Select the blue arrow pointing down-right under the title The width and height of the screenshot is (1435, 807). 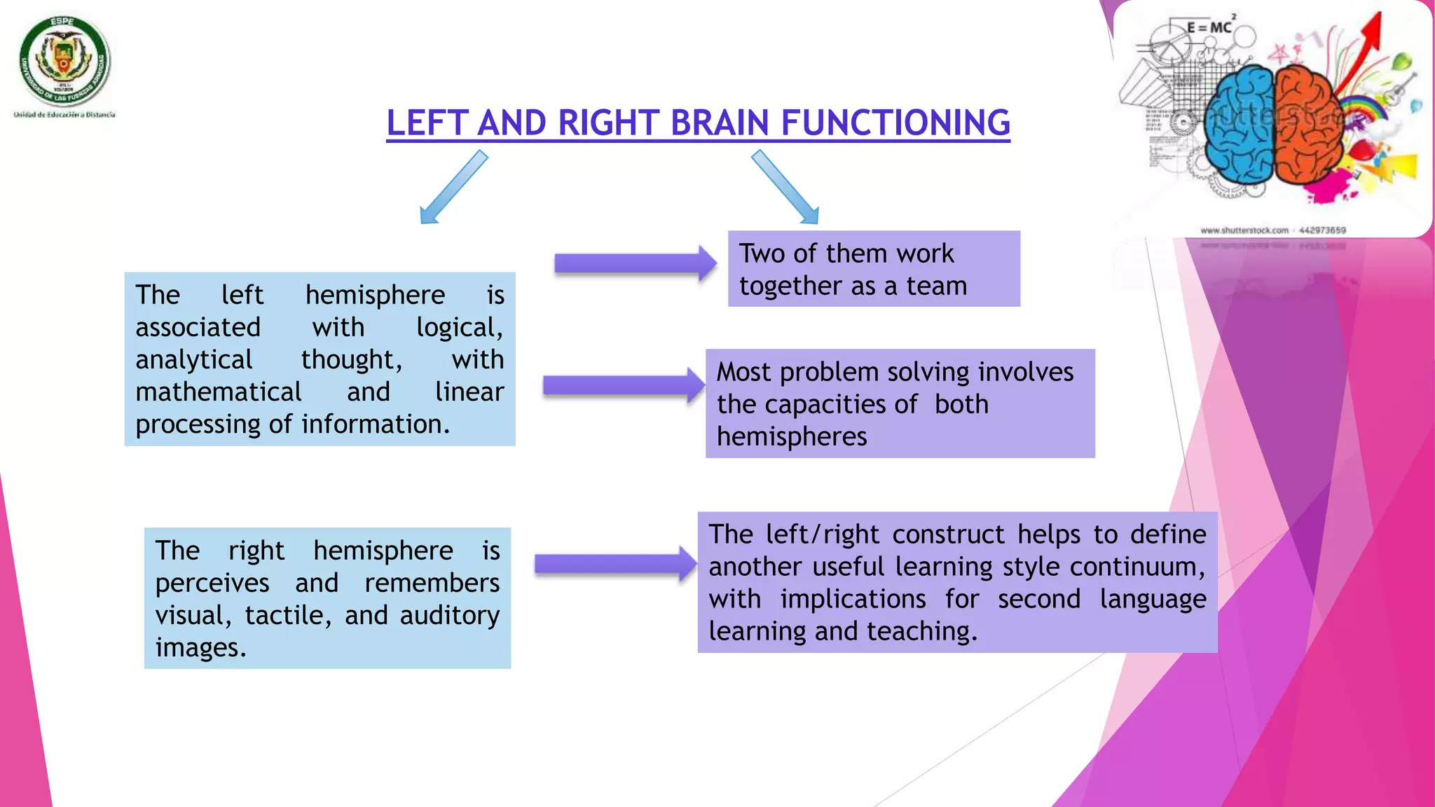[785, 188]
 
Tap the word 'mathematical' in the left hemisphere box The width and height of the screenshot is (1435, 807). [219, 392]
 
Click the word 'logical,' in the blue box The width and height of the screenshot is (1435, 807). [460, 328]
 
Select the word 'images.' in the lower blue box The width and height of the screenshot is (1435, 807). [200, 648]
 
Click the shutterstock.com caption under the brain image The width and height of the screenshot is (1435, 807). [1244, 230]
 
